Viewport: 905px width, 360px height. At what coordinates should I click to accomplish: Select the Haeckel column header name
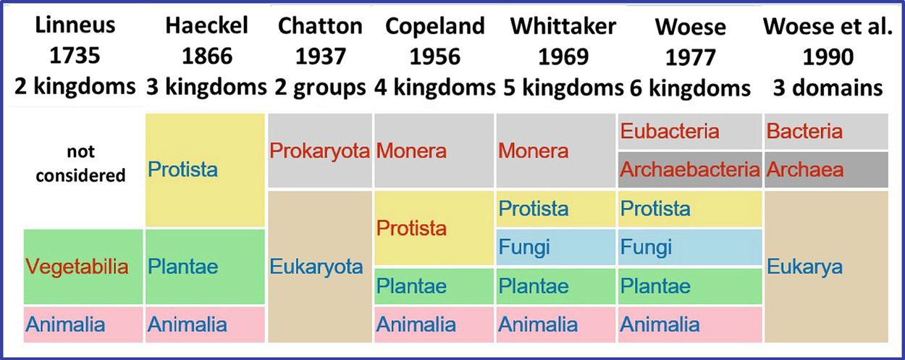(206, 25)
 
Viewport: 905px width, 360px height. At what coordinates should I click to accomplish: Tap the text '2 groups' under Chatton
(320, 87)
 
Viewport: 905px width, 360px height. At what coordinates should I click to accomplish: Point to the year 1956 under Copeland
(434, 56)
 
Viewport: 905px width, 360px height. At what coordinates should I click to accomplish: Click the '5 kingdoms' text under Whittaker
(563, 87)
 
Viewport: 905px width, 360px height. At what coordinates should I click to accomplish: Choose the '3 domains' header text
(828, 88)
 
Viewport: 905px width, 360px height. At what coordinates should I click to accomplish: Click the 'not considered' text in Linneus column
(81, 163)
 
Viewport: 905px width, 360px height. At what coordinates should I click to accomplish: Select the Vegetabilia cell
(83, 267)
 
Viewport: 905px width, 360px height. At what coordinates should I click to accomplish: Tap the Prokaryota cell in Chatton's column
(320, 151)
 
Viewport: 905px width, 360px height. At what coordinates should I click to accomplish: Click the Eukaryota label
(316, 267)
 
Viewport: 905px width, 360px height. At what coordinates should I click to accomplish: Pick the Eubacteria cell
(690, 131)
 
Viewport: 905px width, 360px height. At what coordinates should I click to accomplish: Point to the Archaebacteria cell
(690, 169)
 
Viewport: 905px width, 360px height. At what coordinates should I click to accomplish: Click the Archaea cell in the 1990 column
(826, 169)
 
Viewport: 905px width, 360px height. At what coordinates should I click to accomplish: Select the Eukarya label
(804, 267)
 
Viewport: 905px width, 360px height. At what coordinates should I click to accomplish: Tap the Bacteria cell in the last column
(826, 131)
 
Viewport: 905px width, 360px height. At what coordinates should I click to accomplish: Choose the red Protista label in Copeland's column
(411, 228)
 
